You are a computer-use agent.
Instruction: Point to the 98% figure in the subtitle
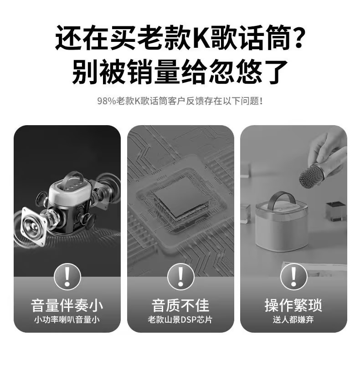point(106,101)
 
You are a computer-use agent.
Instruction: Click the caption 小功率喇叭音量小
point(67,319)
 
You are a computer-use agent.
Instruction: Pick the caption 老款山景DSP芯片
point(180,319)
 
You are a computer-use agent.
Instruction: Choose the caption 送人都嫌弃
point(293,319)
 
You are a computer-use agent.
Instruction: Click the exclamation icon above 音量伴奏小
point(67,276)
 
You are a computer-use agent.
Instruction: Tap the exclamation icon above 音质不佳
point(180,276)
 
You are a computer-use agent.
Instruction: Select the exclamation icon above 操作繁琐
point(293,276)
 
